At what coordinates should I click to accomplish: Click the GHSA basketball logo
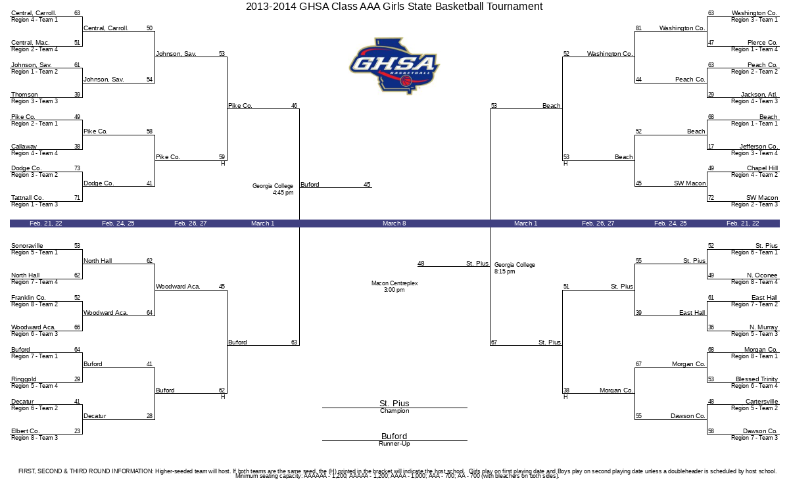pyautogui.click(x=394, y=66)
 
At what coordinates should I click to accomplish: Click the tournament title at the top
pyautogui.click(x=394, y=7)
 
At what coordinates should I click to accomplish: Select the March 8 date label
pyautogui.click(x=394, y=223)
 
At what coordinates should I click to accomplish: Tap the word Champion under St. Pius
pyautogui.click(x=394, y=411)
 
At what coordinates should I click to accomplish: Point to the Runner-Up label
pyautogui.click(x=394, y=444)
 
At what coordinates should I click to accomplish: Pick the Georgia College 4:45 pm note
pyautogui.click(x=273, y=189)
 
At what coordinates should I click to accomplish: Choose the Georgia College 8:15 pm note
pyautogui.click(x=515, y=268)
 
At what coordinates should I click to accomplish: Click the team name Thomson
pyautogui.click(x=24, y=95)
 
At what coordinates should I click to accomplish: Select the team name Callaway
pyautogui.click(x=24, y=147)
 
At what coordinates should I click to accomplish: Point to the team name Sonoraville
pyautogui.click(x=27, y=246)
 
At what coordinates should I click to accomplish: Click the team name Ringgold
pyautogui.click(x=24, y=379)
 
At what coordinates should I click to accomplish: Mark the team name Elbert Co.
pyautogui.click(x=25, y=431)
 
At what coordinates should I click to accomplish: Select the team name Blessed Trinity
pyautogui.click(x=757, y=379)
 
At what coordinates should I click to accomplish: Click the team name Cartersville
pyautogui.click(x=761, y=402)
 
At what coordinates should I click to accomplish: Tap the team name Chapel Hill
pyautogui.click(x=762, y=168)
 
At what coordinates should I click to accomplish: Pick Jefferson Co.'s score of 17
pyautogui.click(x=711, y=147)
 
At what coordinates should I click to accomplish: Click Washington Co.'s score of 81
pyautogui.click(x=638, y=28)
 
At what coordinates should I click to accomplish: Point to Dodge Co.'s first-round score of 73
pyautogui.click(x=77, y=168)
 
